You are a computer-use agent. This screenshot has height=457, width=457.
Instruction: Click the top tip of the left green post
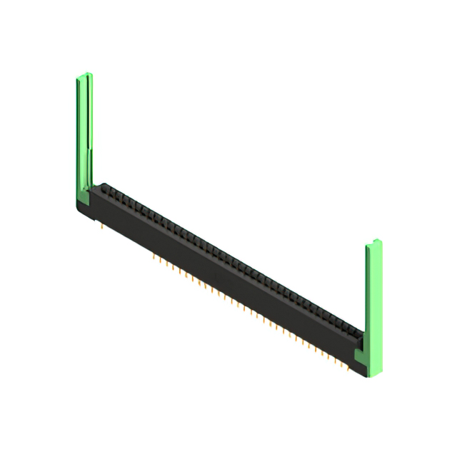click(84, 74)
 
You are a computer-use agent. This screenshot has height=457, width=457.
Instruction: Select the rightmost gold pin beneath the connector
click(348, 368)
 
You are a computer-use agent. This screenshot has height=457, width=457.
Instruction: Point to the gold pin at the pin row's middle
click(250, 310)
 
